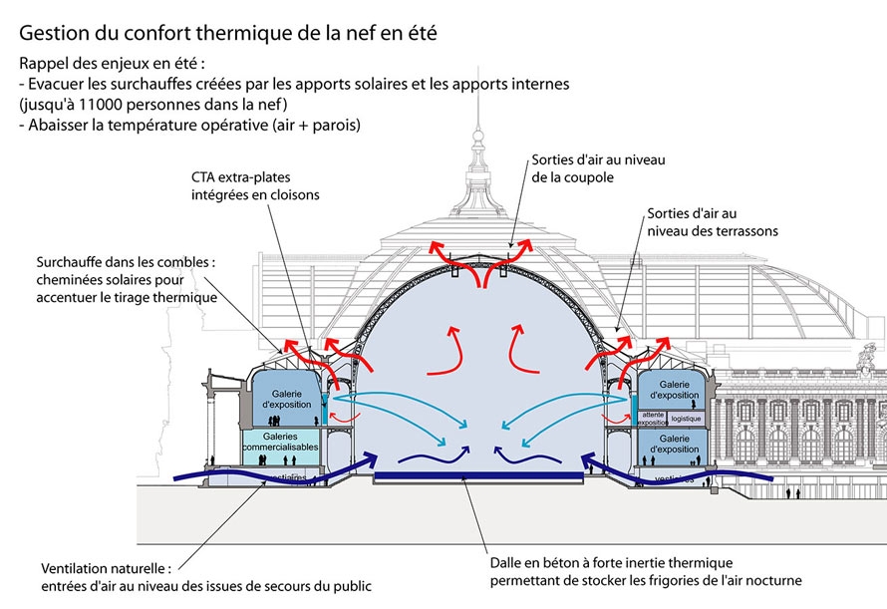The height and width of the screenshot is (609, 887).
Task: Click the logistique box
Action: [x=686, y=419]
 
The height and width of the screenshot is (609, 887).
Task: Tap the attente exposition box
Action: [x=653, y=419]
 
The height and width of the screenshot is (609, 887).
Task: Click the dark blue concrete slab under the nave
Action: [x=478, y=479]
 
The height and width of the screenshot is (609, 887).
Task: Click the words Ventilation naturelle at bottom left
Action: [x=102, y=568]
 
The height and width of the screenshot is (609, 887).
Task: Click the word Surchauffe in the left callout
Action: [x=72, y=263]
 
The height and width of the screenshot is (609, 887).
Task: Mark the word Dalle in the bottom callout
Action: [x=506, y=561]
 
